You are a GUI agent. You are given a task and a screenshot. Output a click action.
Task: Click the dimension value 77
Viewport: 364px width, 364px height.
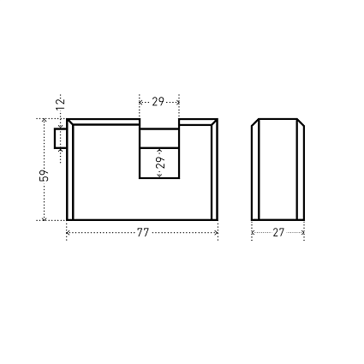(x=143, y=233)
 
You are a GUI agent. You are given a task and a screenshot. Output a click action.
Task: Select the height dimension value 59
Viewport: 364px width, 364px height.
(x=44, y=176)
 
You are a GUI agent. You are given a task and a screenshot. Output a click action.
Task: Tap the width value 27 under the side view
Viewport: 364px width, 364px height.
(x=278, y=233)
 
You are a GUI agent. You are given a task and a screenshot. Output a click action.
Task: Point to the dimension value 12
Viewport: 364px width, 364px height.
(x=60, y=104)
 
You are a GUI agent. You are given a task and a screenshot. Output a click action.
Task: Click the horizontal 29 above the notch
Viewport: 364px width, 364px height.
(x=158, y=102)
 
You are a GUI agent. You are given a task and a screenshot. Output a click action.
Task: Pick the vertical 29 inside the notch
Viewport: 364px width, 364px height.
(x=161, y=163)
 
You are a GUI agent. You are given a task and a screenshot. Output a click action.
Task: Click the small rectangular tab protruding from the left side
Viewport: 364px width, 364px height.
(x=60, y=138)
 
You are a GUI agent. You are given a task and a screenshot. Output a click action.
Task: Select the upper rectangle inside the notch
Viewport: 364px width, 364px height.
(x=159, y=138)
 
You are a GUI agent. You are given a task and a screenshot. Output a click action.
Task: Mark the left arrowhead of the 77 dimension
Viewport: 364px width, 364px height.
(x=68, y=233)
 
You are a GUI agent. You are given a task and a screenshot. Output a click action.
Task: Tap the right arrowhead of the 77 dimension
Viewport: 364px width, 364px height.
(x=217, y=233)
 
